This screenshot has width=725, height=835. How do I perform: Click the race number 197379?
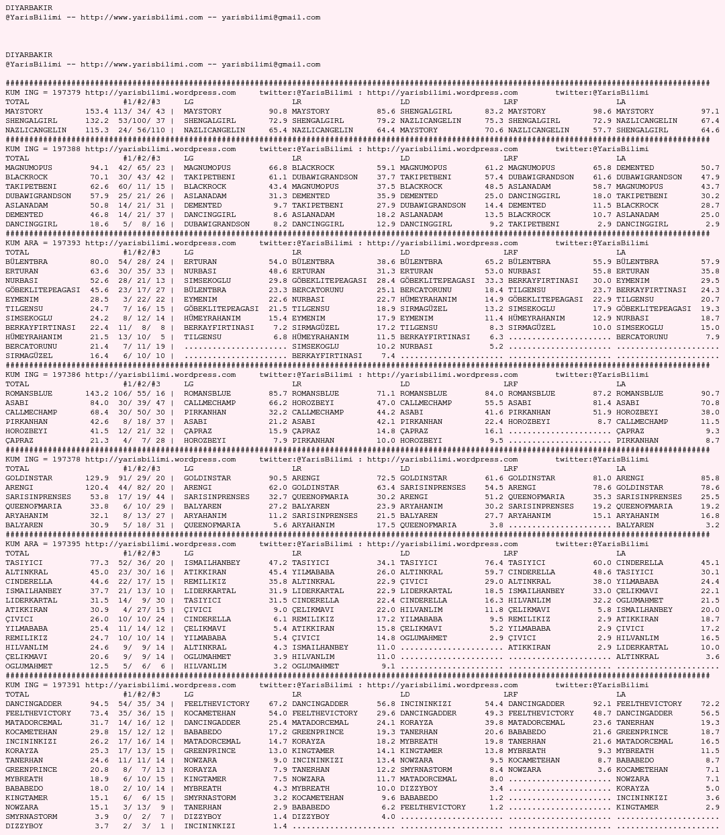(x=66, y=93)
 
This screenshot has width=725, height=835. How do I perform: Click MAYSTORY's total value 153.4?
(x=97, y=112)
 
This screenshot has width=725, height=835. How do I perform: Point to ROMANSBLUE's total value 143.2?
(x=97, y=394)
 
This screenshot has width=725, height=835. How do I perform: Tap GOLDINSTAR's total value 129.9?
(x=97, y=478)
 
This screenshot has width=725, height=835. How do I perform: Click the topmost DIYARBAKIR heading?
(x=29, y=8)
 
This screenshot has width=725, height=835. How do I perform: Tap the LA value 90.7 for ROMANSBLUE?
(x=710, y=394)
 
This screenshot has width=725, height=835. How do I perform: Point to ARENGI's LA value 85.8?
(x=710, y=478)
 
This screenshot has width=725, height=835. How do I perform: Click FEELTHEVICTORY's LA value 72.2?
(x=710, y=704)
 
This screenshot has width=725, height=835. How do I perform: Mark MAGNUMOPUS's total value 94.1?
(x=99, y=168)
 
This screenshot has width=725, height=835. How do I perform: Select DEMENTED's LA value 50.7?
(x=710, y=168)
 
